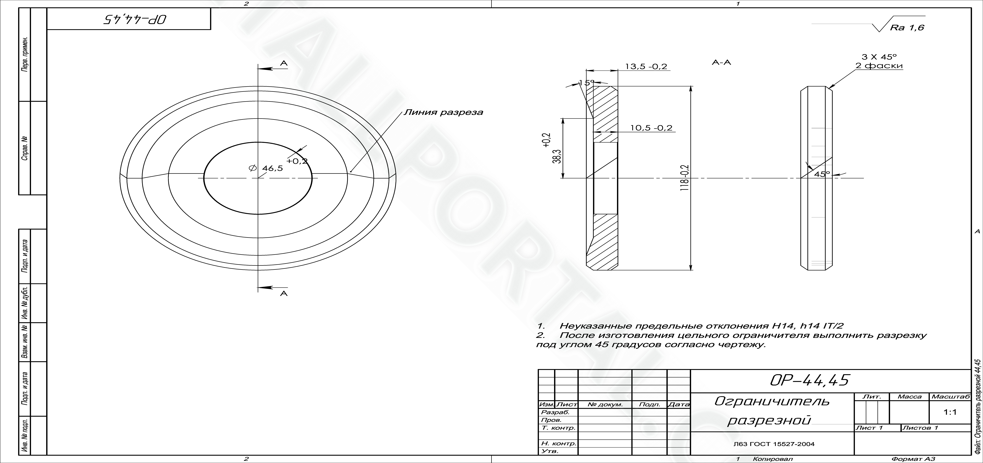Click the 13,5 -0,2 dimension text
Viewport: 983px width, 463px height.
point(646,66)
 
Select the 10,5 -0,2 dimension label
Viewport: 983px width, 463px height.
point(651,128)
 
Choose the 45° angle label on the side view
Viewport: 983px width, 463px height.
point(822,174)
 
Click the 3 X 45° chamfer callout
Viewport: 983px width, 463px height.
point(879,57)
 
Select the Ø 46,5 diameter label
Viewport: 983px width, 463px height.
point(266,168)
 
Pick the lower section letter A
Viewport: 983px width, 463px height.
point(284,293)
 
